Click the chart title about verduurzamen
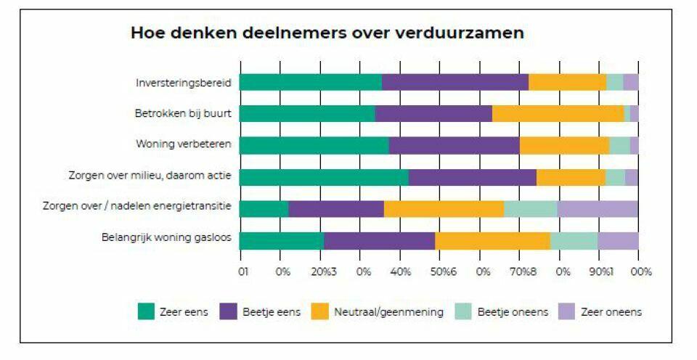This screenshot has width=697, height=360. pyautogui.click(x=327, y=34)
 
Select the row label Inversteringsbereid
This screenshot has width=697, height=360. pyautogui.click(x=184, y=82)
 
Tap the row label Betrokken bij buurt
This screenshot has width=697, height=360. pyautogui.click(x=183, y=113)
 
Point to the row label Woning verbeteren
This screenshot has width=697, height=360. pyautogui.click(x=184, y=144)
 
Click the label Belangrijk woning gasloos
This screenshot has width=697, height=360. pyautogui.click(x=168, y=238)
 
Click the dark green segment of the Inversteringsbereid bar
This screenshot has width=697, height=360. pyautogui.click(x=310, y=82)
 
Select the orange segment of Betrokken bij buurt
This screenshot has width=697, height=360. pyautogui.click(x=558, y=113)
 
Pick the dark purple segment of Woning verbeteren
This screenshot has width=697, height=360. pyautogui.click(x=454, y=144)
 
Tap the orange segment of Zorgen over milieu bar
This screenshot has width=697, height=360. pyautogui.click(x=571, y=176)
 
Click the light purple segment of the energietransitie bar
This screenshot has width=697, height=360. pyautogui.click(x=598, y=208)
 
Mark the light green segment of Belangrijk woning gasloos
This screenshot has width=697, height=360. pyautogui.click(x=574, y=240)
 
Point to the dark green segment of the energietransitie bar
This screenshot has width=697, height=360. pyautogui.click(x=264, y=208)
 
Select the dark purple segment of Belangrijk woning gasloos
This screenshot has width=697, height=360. pyautogui.click(x=379, y=240)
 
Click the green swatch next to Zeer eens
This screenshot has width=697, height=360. pyautogui.click(x=147, y=311)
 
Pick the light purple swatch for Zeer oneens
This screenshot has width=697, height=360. pyautogui.click(x=566, y=311)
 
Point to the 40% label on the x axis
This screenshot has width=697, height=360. pyautogui.click(x=401, y=271)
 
